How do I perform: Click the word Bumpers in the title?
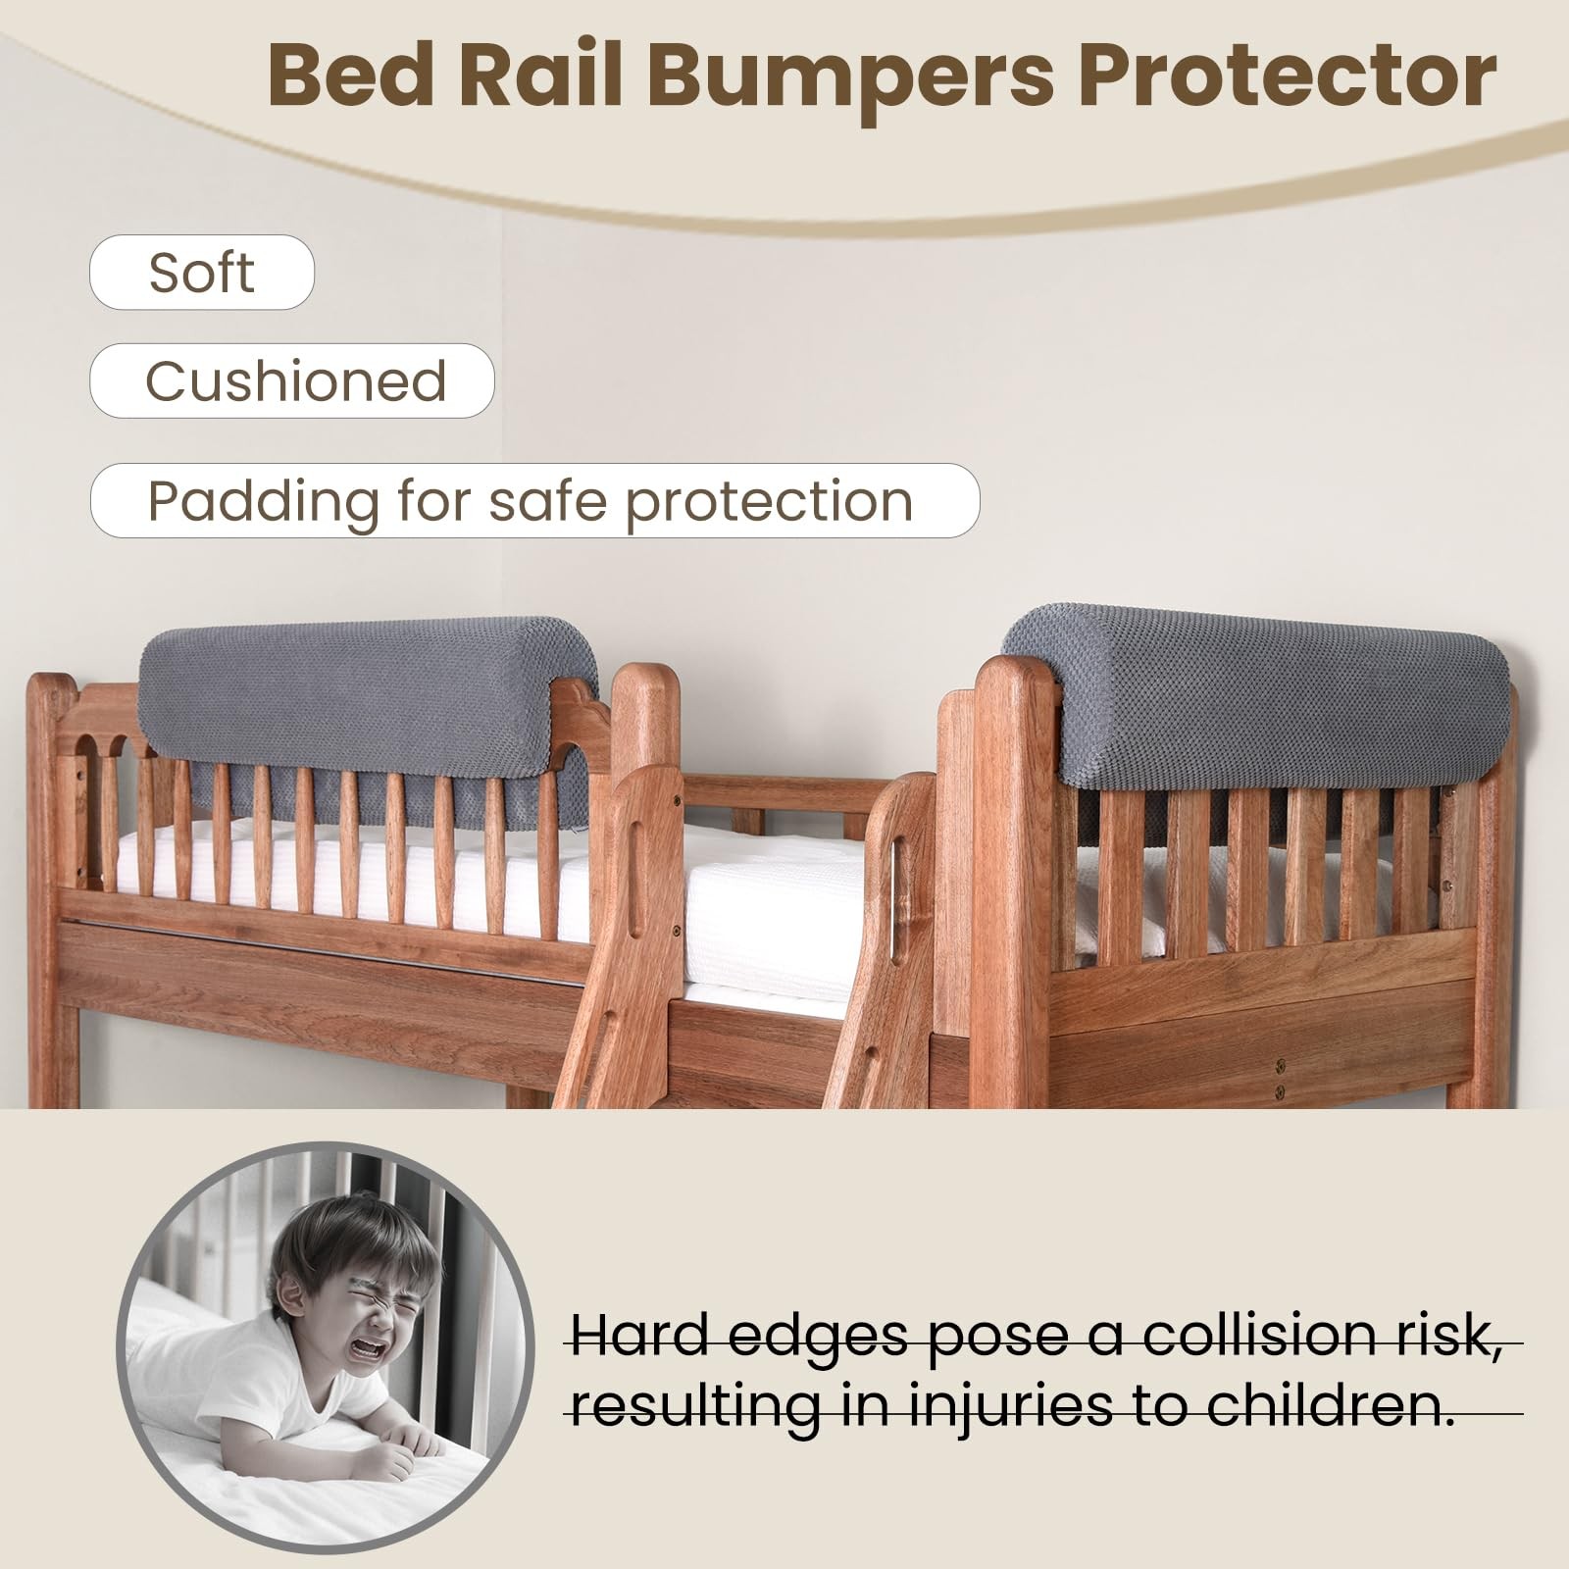tap(852, 77)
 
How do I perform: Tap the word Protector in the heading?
tap(1288, 77)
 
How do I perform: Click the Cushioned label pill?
tap(292, 380)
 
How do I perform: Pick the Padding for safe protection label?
tap(534, 500)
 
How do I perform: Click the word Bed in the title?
tap(350, 77)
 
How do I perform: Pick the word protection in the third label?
tap(769, 502)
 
